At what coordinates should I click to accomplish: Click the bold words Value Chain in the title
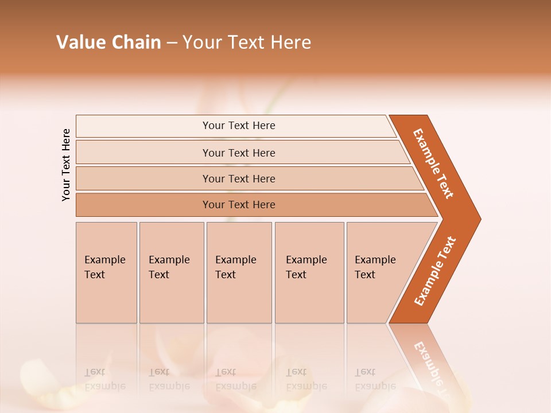tap(108, 42)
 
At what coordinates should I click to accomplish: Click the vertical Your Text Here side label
tap(66, 165)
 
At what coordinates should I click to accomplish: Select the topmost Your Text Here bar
tap(238, 126)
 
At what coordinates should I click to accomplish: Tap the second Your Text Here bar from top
tap(238, 153)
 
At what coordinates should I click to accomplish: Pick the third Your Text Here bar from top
tap(238, 178)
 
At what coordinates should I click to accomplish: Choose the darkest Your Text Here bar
tap(238, 205)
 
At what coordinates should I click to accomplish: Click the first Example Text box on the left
tap(106, 272)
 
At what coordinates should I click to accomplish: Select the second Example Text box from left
tap(171, 272)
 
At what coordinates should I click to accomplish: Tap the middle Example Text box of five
tap(239, 272)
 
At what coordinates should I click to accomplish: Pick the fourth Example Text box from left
tap(309, 272)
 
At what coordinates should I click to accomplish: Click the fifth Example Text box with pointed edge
tap(379, 272)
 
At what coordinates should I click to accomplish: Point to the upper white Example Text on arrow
tap(434, 163)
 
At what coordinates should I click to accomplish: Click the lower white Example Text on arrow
tap(435, 271)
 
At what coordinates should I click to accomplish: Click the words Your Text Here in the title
tap(247, 42)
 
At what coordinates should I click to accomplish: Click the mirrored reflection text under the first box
tap(105, 379)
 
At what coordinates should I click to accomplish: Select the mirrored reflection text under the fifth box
tap(375, 379)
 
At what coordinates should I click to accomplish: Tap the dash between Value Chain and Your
tap(172, 43)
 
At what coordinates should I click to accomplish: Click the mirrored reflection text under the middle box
tap(236, 379)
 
